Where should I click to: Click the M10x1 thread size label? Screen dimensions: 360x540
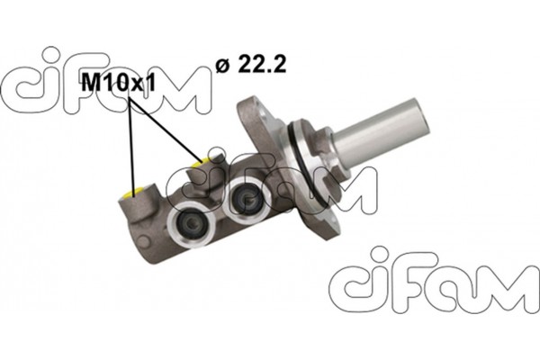(x=118, y=84)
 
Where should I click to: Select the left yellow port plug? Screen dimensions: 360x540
(x=136, y=192)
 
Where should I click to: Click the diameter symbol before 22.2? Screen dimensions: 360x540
(x=221, y=65)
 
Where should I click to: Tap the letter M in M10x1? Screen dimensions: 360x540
(x=91, y=84)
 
